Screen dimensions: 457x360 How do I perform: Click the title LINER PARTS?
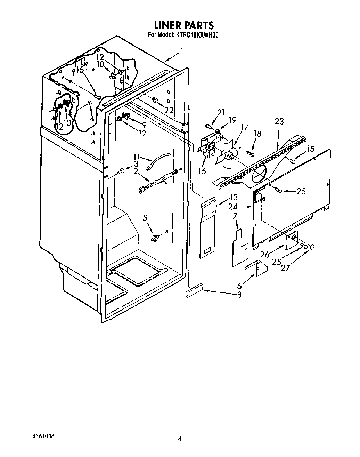pos(183,25)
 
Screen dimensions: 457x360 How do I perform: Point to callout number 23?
pos(279,121)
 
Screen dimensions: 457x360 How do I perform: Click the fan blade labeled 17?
pos(227,155)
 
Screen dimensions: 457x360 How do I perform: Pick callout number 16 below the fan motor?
pos(202,171)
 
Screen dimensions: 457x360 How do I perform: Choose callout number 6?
pos(239,286)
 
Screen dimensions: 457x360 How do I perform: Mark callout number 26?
pos(265,254)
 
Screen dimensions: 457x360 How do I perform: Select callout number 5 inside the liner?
pos(145,218)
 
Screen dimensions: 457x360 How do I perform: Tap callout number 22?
pos(169,110)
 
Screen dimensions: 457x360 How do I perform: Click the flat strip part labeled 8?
pos(195,290)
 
